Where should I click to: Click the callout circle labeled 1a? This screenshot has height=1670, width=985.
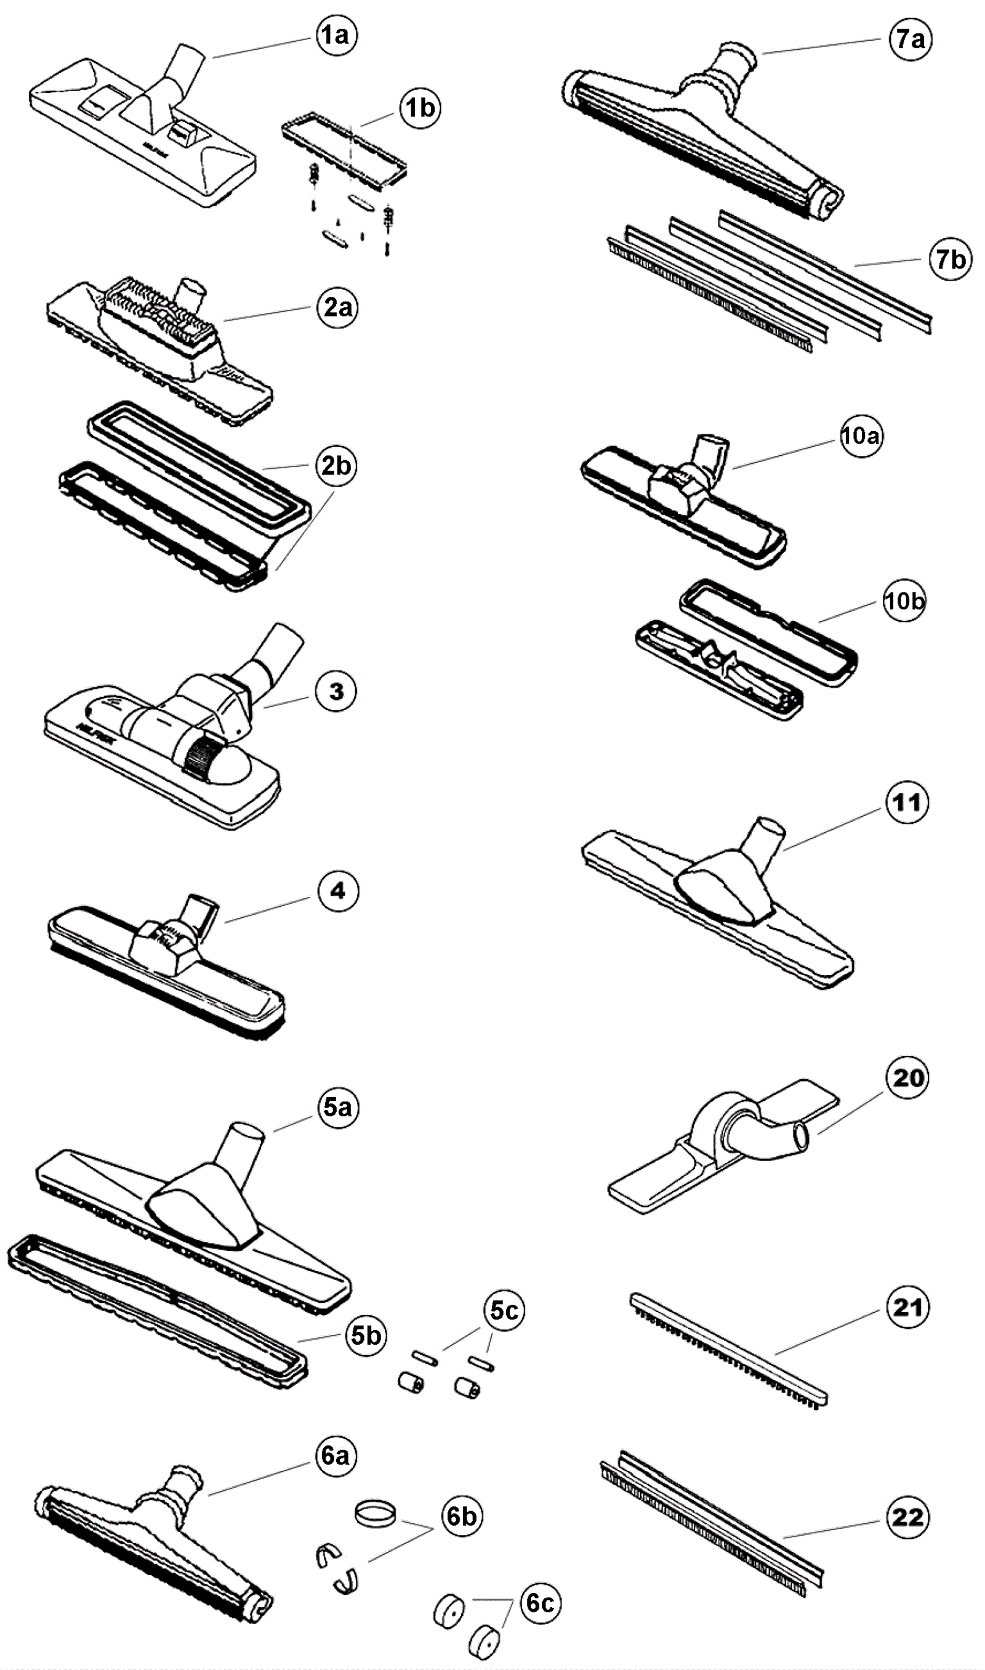tap(337, 35)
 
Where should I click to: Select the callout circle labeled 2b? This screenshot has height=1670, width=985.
tap(337, 466)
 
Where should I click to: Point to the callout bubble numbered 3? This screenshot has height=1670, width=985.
tap(337, 691)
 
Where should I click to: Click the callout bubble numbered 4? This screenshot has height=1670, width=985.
tap(338, 891)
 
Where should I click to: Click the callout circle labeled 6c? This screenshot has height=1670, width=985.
tap(541, 1603)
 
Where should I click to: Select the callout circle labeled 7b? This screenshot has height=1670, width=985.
tap(951, 259)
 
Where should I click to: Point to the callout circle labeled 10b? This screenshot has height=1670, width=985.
tap(904, 601)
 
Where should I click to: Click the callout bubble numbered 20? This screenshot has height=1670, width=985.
tap(907, 1077)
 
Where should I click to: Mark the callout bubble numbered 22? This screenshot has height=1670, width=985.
tap(907, 1517)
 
